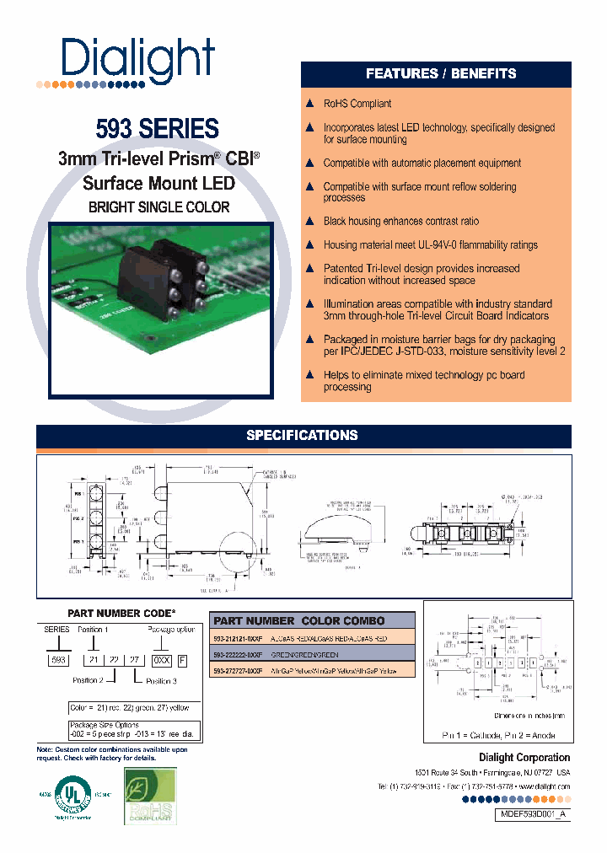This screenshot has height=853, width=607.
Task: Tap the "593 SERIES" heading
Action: tap(157, 129)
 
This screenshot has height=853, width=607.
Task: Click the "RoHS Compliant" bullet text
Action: tap(357, 104)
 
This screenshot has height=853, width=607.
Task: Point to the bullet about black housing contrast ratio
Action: tap(400, 221)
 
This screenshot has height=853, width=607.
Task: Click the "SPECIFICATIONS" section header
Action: tap(302, 436)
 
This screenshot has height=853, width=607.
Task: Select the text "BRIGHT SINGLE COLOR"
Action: tap(159, 207)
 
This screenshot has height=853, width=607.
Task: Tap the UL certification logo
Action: tap(73, 795)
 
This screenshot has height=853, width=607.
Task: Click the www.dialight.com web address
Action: tap(541, 786)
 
